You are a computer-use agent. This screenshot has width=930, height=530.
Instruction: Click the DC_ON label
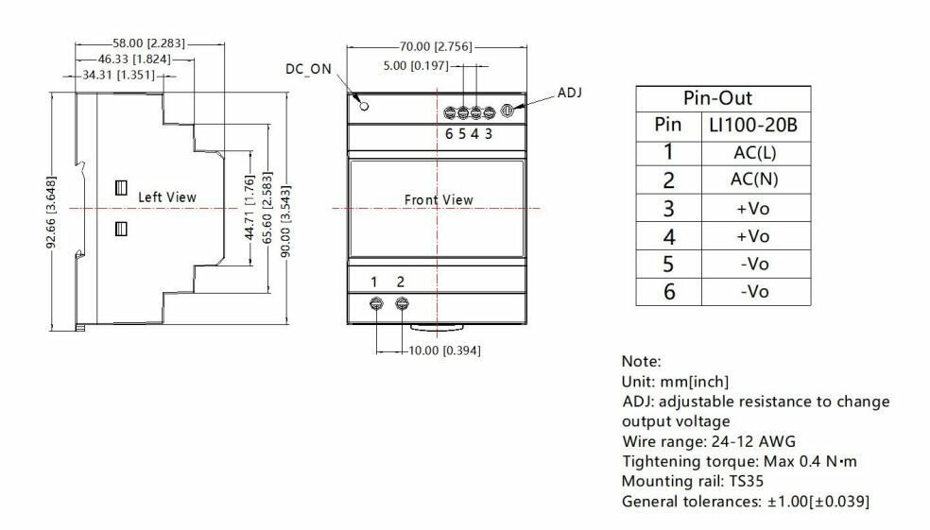(x=309, y=68)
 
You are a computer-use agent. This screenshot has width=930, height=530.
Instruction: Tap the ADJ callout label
(x=570, y=92)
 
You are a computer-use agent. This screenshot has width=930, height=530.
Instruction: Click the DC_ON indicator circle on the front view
(x=365, y=102)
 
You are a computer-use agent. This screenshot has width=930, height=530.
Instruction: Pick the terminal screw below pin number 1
(x=375, y=303)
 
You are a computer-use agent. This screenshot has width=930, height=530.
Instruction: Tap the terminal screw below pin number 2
(x=402, y=303)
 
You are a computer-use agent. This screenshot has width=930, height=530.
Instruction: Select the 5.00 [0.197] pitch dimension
(x=417, y=66)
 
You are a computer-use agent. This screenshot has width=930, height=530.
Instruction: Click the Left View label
(x=167, y=197)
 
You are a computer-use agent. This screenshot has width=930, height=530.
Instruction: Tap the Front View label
(x=439, y=200)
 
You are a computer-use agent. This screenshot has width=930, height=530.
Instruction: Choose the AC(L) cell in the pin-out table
(x=754, y=152)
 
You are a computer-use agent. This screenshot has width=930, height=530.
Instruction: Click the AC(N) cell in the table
(x=754, y=180)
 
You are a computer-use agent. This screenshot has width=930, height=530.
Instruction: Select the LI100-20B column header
(x=754, y=125)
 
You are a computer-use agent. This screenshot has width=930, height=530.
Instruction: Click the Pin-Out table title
(x=723, y=98)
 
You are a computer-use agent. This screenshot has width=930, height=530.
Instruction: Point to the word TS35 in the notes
(x=740, y=480)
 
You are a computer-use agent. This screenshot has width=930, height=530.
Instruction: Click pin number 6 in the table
(x=668, y=291)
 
